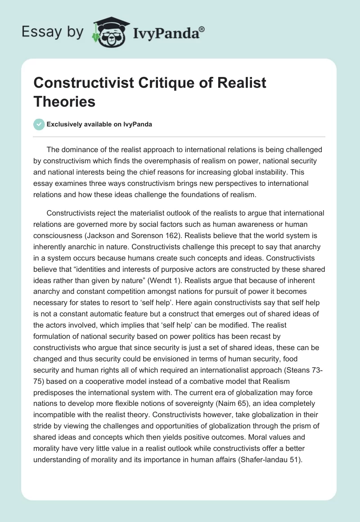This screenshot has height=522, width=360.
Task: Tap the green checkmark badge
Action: pyautogui.click(x=40, y=124)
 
